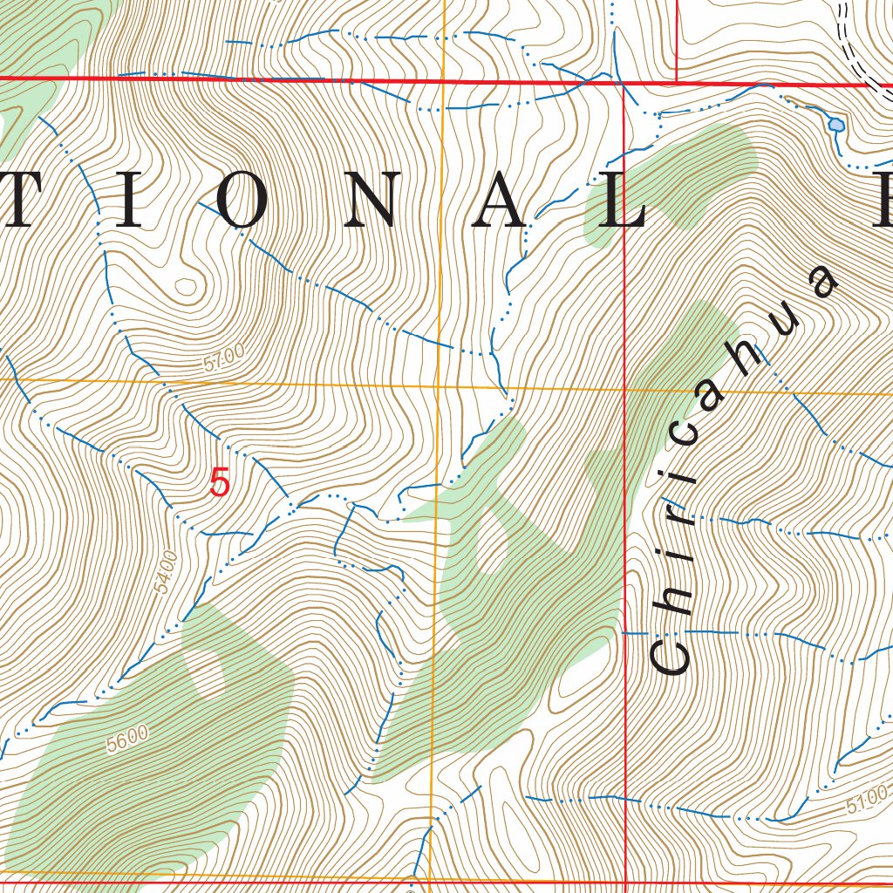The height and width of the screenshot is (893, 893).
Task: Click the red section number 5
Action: click(220, 483)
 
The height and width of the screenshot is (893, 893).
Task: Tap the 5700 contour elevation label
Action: click(224, 359)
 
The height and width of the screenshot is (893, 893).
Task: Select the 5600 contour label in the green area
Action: click(127, 740)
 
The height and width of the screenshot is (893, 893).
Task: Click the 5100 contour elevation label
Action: click(868, 794)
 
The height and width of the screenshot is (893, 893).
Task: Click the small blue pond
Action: click(836, 125)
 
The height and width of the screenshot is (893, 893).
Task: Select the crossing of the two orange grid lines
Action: click(438, 385)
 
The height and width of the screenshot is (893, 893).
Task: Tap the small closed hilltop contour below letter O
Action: click(185, 284)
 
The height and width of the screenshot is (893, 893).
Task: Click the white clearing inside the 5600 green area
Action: click(207, 673)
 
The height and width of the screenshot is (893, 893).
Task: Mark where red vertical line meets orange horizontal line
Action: click(626, 390)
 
